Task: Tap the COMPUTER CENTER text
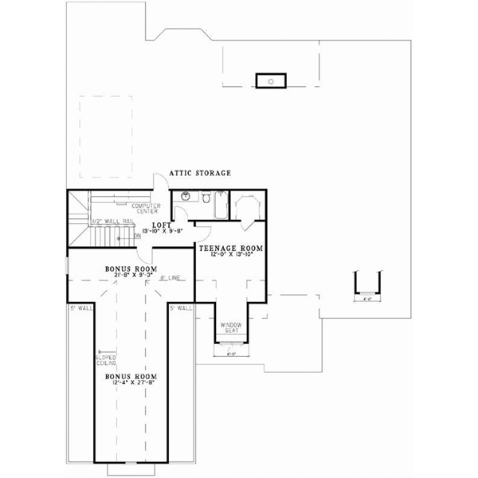(x=147, y=209)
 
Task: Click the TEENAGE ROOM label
(x=232, y=248)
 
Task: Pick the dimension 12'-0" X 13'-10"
(x=232, y=255)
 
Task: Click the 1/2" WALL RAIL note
(x=107, y=221)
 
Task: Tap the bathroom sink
(x=185, y=195)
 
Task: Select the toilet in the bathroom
(x=203, y=197)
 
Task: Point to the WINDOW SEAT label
(x=231, y=327)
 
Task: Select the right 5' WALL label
(x=181, y=307)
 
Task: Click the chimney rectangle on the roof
(x=269, y=80)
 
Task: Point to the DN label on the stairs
(x=138, y=236)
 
